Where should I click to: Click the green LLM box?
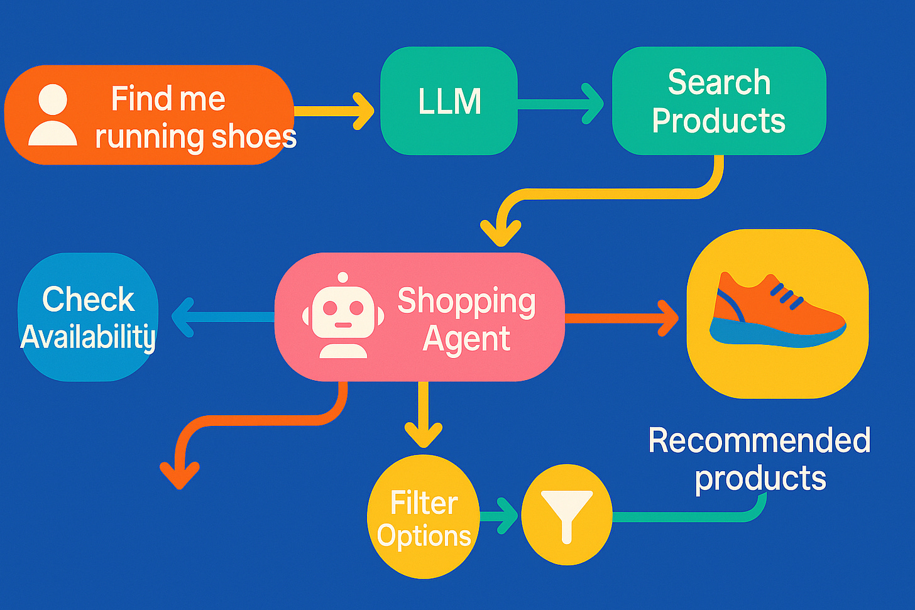pos(449,101)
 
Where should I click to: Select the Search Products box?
pos(718,101)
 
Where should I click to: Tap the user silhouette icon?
pos(53,116)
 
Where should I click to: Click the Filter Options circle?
pos(424,517)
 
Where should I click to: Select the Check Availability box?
pos(88,317)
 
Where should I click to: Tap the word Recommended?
pos(759,440)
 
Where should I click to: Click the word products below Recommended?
pos(760,479)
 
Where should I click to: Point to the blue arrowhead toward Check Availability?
pos(183,317)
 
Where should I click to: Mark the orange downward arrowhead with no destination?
pos(180,474)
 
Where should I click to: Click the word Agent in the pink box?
pos(466,339)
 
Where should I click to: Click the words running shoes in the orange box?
pos(195,138)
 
